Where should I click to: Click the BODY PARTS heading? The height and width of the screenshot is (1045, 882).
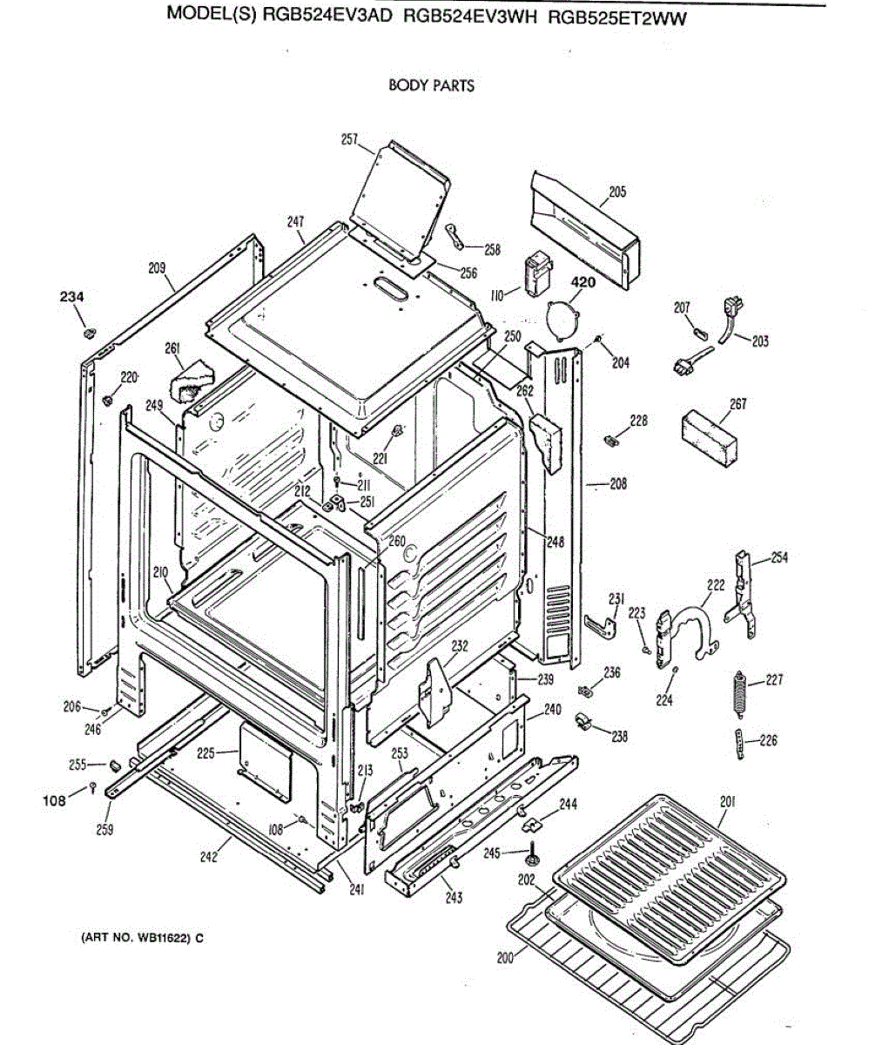pos(431,85)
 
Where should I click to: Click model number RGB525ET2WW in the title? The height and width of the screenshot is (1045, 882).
pos(617,18)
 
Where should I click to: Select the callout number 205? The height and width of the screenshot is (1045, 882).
pos(617,192)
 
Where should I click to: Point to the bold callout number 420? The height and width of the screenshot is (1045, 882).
pos(582,283)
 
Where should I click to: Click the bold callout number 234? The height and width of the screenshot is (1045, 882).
pos(71,297)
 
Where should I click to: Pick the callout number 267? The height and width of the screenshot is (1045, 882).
pos(737,404)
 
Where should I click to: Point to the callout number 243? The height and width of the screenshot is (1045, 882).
pos(453,898)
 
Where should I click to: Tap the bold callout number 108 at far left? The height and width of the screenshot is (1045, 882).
pos(54,800)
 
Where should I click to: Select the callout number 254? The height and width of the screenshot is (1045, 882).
pos(779,557)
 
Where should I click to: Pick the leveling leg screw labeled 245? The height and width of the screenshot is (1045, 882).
pos(530,854)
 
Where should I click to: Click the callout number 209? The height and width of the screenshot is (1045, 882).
pos(157,268)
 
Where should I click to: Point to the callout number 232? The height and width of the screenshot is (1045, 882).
pos(461,646)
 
